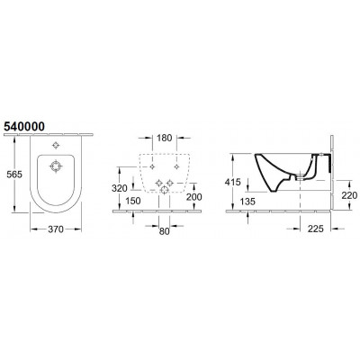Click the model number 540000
coord(24,127)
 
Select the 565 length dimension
coord(14,175)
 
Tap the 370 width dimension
coord(56,229)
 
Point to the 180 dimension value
coord(165,138)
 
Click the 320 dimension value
coord(120,188)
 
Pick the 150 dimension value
coord(133,201)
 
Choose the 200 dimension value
coord(194,197)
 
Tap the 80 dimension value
coord(165,231)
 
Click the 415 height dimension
coord(232,182)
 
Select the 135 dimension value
coord(247,202)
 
